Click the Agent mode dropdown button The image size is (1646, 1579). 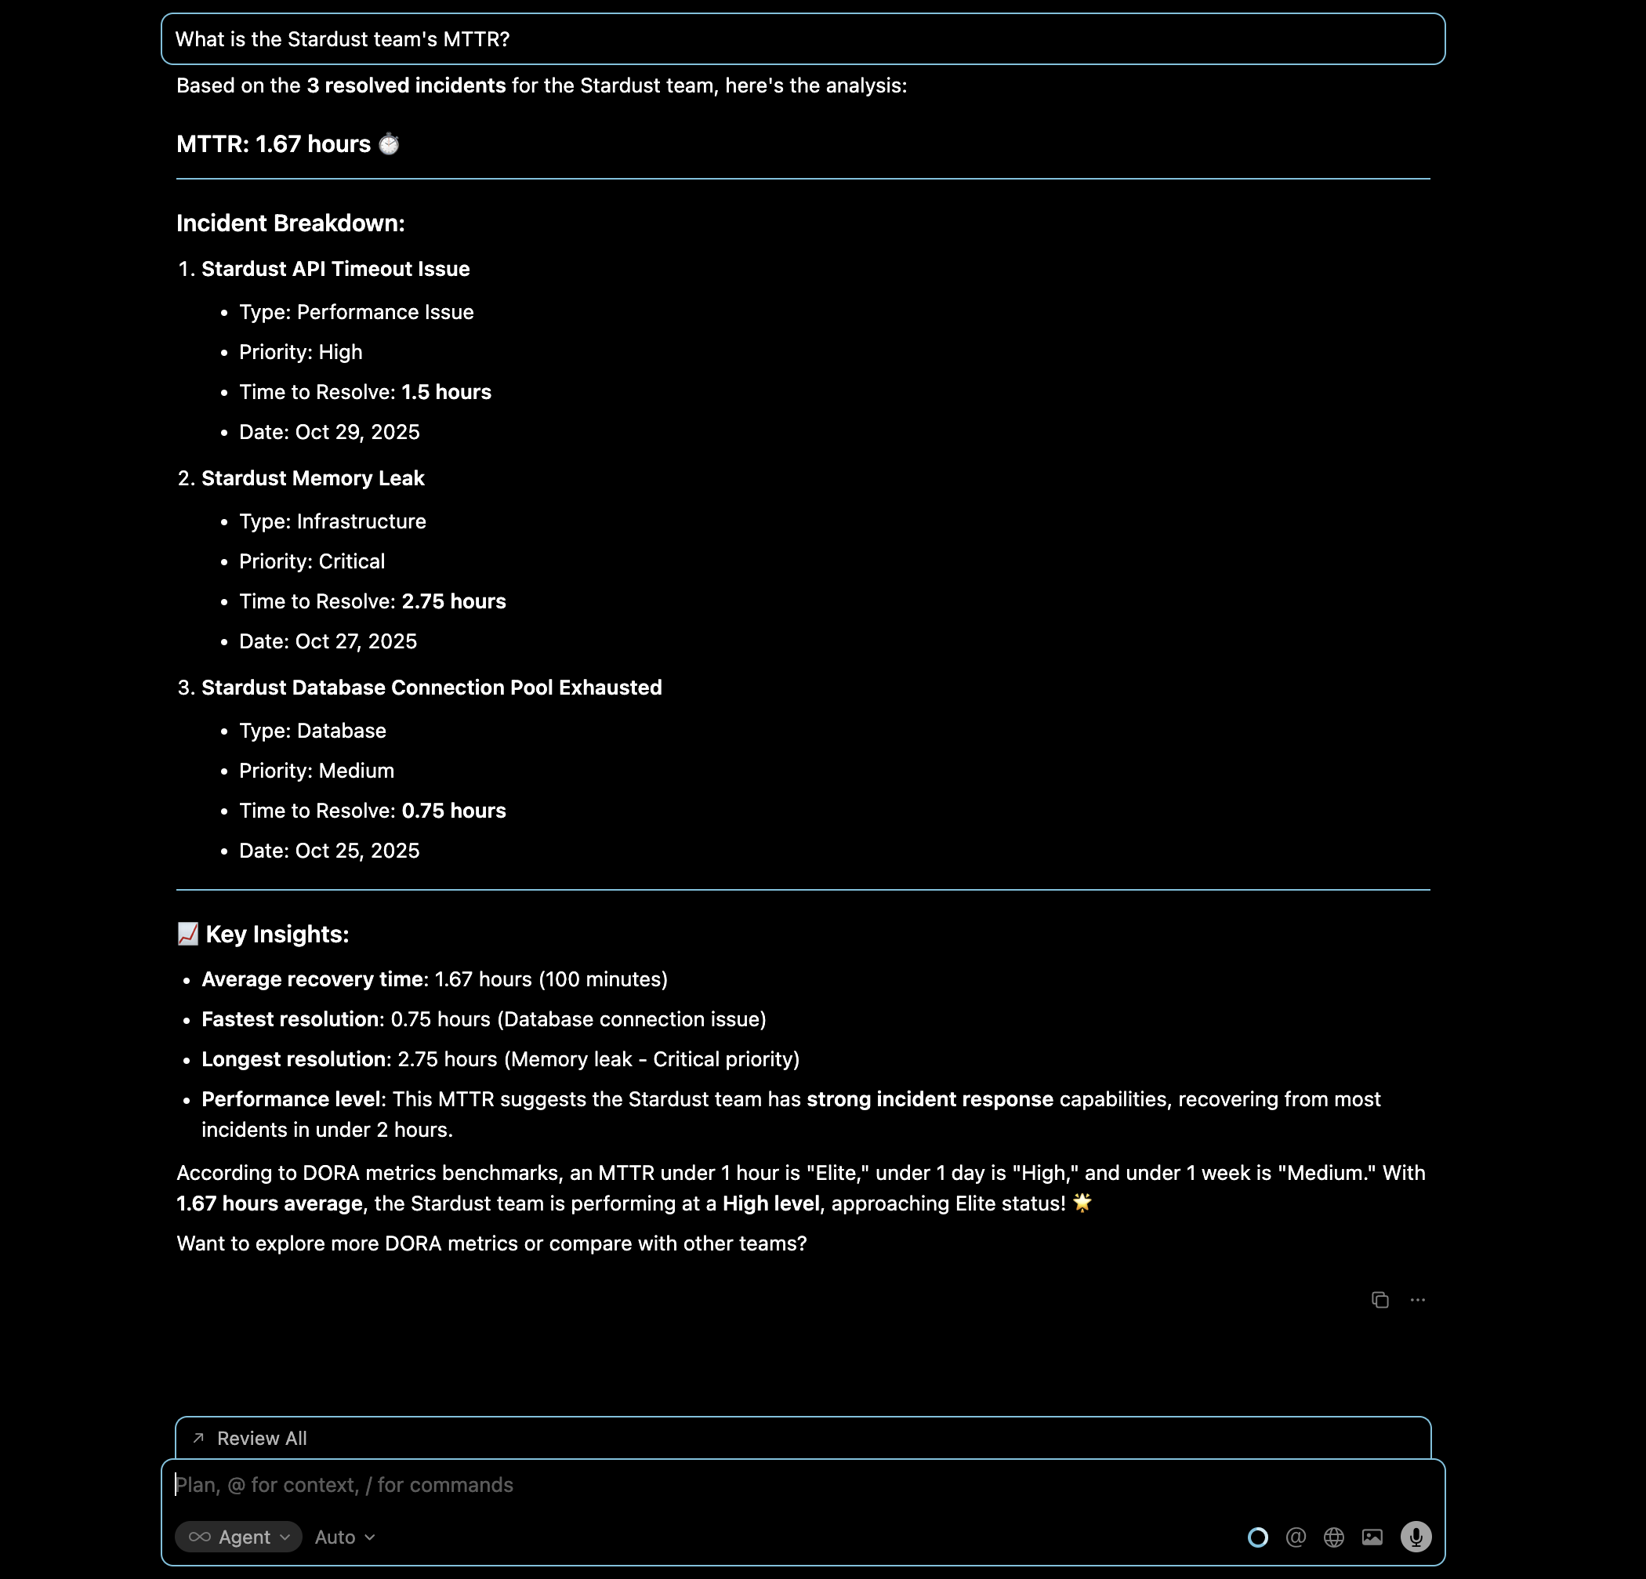238,1537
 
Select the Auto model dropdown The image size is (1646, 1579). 344,1537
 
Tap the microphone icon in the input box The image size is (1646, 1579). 1416,1537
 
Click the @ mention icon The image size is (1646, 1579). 1296,1537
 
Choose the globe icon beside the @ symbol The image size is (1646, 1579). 1333,1537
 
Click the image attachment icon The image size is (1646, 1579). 1372,1537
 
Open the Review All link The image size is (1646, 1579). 261,1439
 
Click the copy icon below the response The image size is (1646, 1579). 1380,1300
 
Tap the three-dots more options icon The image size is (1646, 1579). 1418,1300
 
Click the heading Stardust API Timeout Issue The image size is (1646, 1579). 335,269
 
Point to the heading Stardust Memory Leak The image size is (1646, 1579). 313,478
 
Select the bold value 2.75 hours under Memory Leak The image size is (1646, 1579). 454,601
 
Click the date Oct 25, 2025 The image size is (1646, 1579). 357,851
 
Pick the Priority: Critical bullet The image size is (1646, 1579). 312,561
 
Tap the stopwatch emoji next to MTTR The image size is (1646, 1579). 389,144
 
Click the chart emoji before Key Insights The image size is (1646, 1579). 188,934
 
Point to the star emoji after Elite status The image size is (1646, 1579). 1082,1203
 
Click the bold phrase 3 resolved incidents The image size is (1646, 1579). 406,85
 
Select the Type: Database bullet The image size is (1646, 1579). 313,731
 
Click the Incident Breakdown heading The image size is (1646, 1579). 291,223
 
